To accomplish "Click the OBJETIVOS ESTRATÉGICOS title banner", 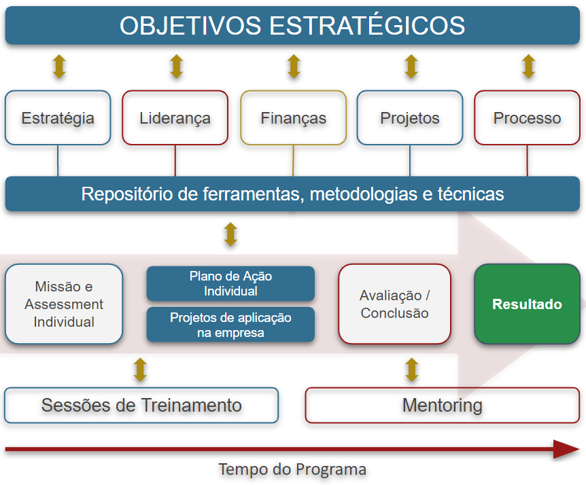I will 292,26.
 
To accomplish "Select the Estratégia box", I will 58,118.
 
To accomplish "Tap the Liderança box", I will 175,118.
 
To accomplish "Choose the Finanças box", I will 294,118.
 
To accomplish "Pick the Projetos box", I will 410,118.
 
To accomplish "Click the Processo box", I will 527,118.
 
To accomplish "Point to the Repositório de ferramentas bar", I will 292,194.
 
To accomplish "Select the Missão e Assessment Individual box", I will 64,304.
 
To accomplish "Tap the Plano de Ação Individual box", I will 230,283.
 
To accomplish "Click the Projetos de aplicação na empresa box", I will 230,325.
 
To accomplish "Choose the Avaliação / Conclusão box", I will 394,304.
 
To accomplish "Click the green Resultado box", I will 527,304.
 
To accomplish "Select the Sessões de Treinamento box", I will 141,406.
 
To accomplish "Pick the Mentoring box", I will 442,406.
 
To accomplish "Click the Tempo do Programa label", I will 292,469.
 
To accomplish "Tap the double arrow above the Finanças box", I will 294,67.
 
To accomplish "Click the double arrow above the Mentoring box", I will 411,370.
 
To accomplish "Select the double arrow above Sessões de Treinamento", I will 141,370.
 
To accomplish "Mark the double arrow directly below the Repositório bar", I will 230,234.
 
